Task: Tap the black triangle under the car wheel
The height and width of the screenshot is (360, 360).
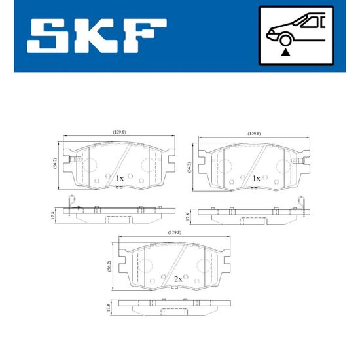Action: coord(285,52)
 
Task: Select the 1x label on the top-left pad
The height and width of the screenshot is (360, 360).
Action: coord(120,179)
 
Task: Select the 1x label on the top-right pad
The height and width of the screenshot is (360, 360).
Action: coord(256,179)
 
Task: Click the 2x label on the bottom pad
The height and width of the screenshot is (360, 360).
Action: coord(178,279)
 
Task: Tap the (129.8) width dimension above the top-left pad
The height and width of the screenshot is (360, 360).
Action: coord(119,132)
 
